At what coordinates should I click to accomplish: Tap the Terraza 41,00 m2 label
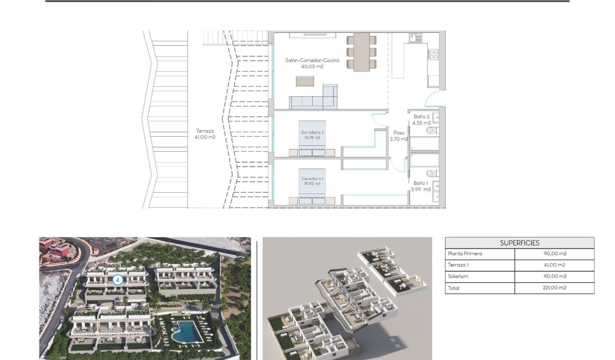pos(205,134)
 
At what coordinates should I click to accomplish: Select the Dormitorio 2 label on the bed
pos(312,135)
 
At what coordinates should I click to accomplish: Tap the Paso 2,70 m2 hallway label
pos(399,136)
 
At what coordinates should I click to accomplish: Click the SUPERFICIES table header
pos(519,243)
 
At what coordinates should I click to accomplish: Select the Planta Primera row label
pos(465,254)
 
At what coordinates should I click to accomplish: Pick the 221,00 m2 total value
pos(554,288)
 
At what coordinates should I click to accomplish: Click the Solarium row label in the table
pos(458,277)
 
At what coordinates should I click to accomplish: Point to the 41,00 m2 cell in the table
pos(554,265)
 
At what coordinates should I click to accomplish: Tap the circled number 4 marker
pos(117,280)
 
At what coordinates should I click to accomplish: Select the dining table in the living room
pos(361,51)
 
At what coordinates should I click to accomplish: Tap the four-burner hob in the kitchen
pos(433,55)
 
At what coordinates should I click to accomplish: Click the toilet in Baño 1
pos(431,174)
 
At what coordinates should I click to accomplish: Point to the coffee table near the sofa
pos(305,81)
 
